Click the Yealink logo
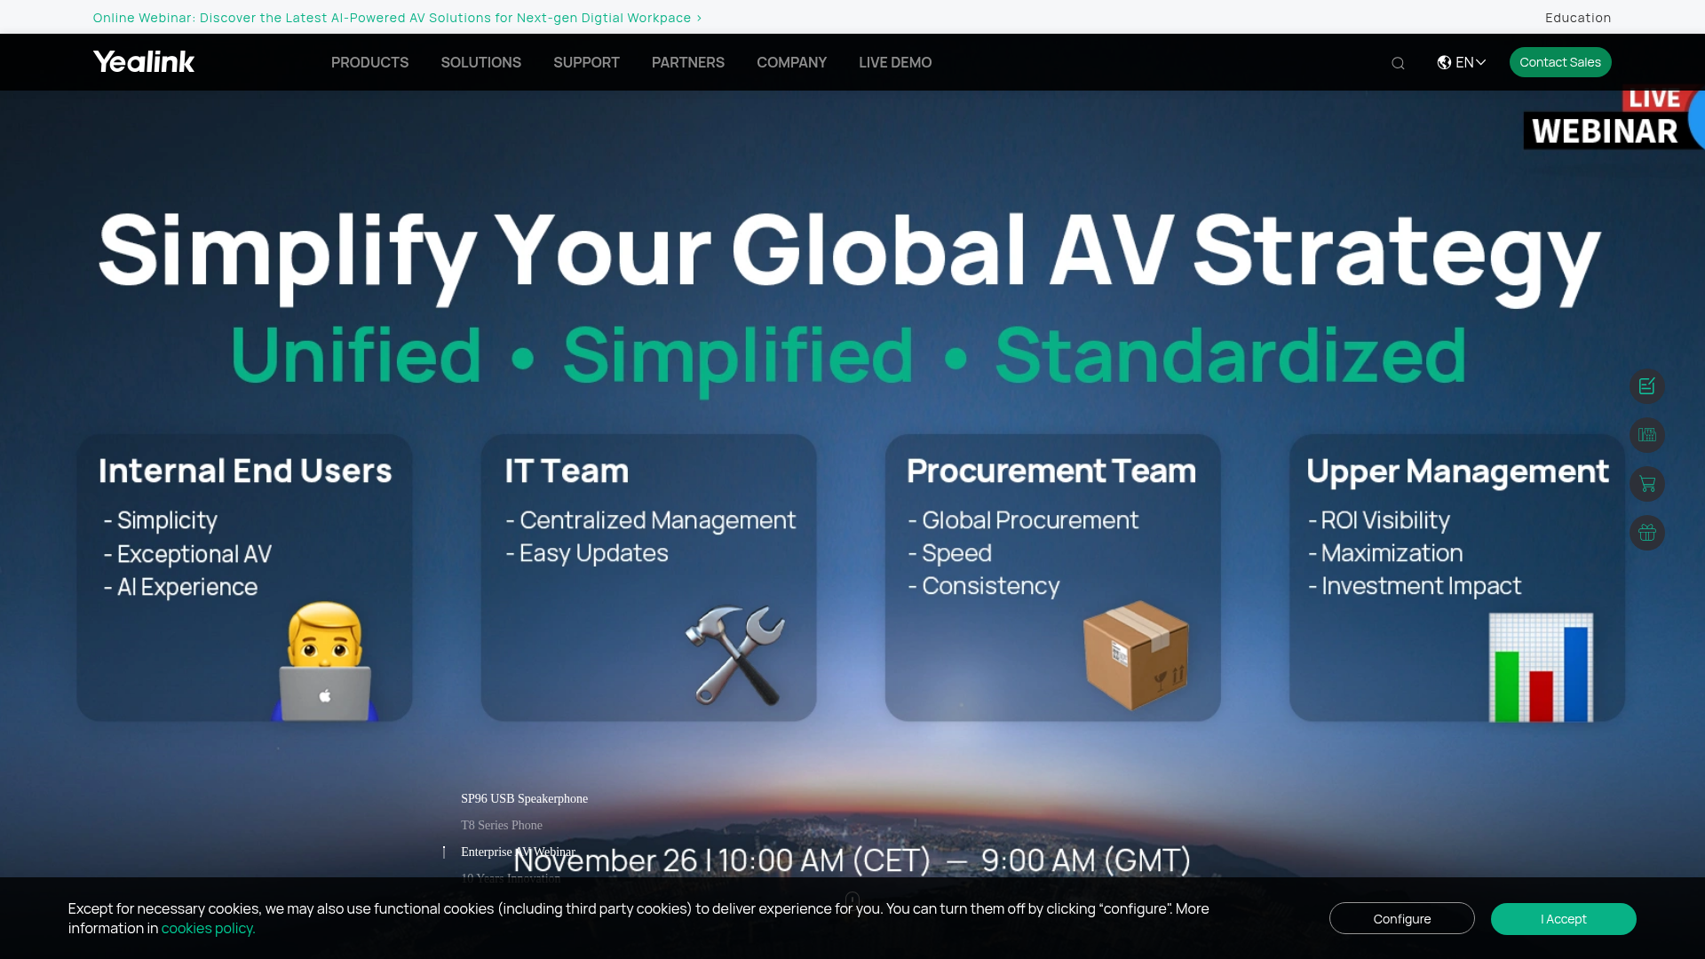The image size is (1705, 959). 144,62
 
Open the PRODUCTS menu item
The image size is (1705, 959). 369,62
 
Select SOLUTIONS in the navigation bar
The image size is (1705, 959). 480,62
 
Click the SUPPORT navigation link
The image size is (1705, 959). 586,62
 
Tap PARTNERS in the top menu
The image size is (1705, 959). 687,62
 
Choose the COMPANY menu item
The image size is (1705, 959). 791,62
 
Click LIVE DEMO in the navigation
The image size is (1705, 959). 894,62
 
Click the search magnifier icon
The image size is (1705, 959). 1398,63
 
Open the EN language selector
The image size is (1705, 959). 1462,62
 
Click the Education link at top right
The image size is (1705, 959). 1577,18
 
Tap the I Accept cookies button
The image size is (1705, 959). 1563,919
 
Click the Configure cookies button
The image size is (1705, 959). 1401,919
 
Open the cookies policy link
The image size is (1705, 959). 208,929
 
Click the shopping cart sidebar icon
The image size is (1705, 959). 1647,484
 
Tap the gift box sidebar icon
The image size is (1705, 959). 1647,533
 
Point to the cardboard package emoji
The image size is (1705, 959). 1135,655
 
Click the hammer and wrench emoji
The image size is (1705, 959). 735,655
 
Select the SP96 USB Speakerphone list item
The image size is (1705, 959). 524,799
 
